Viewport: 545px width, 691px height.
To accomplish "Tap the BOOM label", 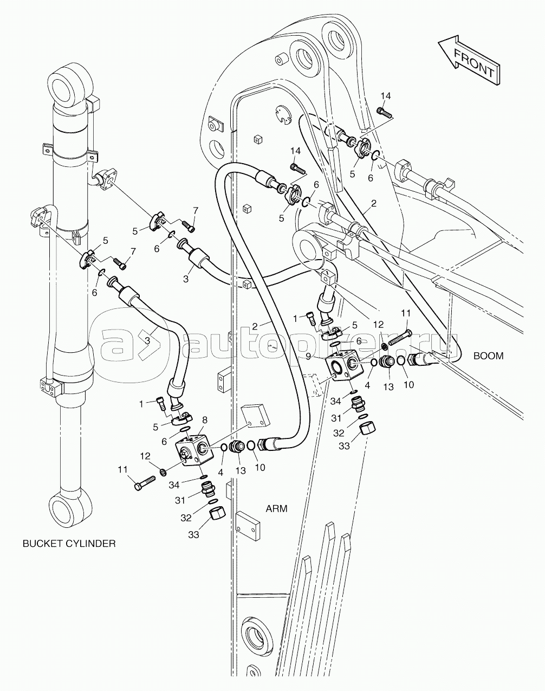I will tap(488, 356).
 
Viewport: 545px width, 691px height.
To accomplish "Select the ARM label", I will tap(276, 508).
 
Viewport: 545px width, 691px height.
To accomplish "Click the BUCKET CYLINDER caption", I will tap(69, 543).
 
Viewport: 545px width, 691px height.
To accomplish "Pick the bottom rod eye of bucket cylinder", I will tap(70, 509).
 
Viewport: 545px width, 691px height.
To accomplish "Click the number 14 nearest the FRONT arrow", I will tap(385, 96).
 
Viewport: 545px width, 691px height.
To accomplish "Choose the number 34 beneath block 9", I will tap(336, 401).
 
